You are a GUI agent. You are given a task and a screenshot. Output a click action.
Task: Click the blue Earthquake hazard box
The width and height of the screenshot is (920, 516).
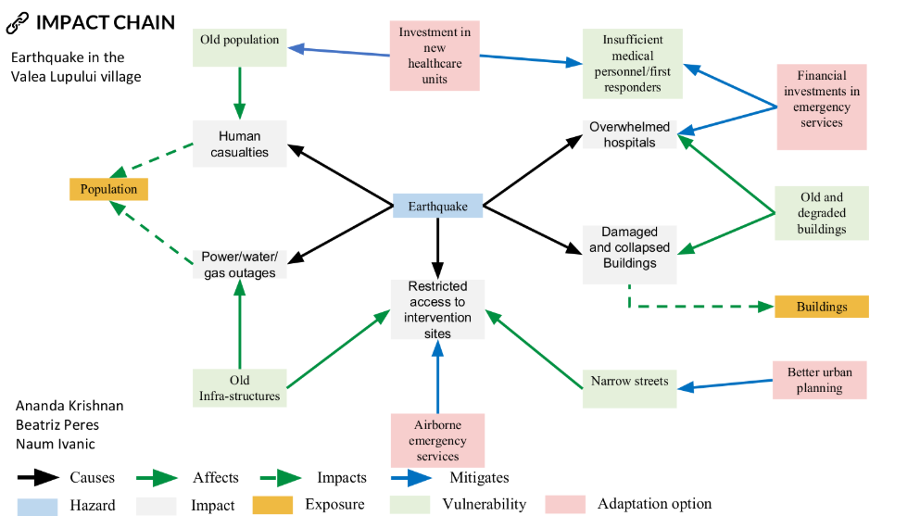coord(437,206)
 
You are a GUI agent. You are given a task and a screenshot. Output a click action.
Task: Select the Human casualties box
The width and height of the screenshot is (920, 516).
coord(239,144)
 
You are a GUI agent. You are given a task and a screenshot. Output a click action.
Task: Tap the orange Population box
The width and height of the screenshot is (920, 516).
coord(108,189)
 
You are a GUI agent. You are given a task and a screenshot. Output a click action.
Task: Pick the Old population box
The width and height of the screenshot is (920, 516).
coord(239,47)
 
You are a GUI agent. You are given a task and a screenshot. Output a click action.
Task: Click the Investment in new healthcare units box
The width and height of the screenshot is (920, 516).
coord(435,56)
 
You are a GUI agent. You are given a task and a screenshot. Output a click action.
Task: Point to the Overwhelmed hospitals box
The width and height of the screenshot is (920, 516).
coord(630,134)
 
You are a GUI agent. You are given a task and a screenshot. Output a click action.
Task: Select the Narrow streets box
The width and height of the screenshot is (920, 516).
coord(630,388)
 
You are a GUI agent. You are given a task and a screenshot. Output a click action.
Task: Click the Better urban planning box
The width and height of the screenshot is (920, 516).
coord(820,380)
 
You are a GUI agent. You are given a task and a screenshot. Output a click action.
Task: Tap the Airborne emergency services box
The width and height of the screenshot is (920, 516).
coord(437,440)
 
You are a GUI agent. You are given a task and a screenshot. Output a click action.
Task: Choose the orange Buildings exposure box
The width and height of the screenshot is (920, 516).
coord(822,307)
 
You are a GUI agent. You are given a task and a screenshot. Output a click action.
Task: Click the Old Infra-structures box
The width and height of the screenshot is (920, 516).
coord(239,387)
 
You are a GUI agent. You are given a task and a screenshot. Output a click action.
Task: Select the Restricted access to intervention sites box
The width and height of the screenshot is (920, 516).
coord(437,309)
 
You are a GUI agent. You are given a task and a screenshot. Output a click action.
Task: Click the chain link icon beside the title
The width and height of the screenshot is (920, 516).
coord(17,23)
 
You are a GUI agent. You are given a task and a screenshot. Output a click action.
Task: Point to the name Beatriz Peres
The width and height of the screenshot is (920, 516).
coord(57,424)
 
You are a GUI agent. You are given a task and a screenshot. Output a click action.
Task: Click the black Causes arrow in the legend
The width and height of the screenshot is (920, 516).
coord(38,478)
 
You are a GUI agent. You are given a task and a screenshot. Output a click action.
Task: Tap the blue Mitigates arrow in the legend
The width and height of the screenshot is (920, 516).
coord(411,478)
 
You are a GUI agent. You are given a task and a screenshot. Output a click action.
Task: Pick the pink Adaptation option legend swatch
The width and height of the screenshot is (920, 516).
coord(565,504)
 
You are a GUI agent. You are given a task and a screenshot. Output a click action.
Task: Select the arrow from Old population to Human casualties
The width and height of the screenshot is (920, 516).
coord(239,94)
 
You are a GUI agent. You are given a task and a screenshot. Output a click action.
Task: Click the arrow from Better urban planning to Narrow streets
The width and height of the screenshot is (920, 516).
coord(725,384)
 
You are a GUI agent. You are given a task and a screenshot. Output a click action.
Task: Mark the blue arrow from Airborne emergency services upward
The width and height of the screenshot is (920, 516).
coord(437,376)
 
